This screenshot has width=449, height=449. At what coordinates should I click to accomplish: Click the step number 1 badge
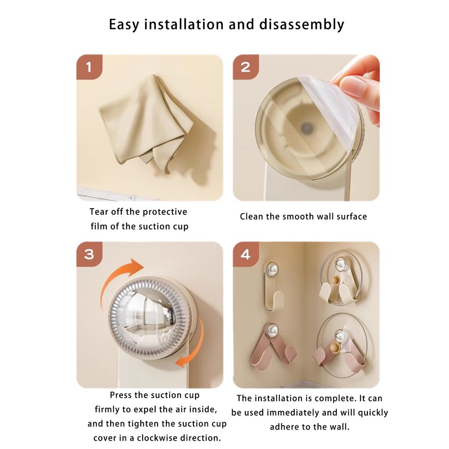(x=89, y=67)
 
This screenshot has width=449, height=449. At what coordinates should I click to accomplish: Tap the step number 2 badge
(x=245, y=67)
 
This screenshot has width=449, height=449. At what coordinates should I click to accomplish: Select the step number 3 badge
(x=89, y=254)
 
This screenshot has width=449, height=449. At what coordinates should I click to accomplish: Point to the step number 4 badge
(x=245, y=254)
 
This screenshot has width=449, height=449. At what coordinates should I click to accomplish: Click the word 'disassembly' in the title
(x=303, y=25)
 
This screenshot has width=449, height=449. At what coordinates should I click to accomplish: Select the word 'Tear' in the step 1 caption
(x=99, y=212)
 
